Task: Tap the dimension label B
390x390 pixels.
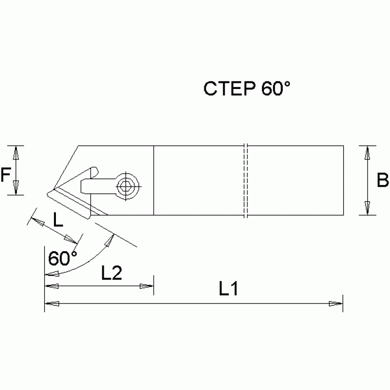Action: point(382,180)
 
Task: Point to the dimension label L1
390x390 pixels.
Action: point(229,289)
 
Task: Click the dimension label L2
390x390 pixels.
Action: point(111,274)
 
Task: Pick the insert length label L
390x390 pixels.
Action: point(58,220)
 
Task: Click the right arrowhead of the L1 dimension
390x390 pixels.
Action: point(337,304)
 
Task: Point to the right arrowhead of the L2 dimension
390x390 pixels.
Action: point(147,287)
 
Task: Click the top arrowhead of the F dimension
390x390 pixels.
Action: point(16,152)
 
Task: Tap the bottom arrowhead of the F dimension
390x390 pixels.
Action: point(16,189)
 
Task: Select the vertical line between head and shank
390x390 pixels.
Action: point(153,181)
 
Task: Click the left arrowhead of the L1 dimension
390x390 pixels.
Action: point(51,304)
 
